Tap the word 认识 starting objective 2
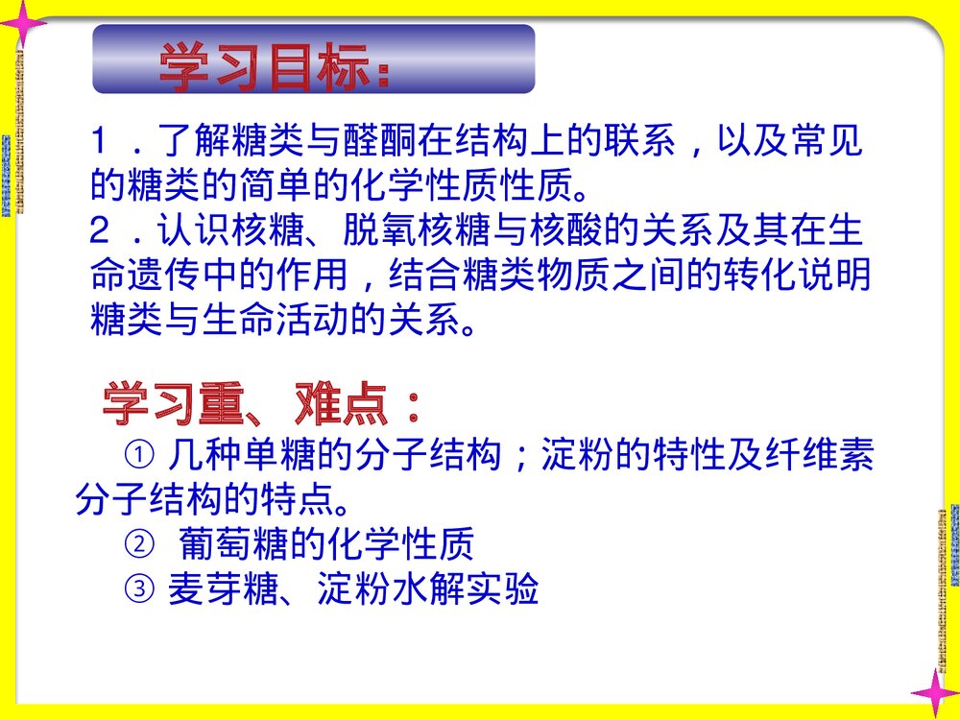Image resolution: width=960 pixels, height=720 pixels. pyautogui.click(x=190, y=233)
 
